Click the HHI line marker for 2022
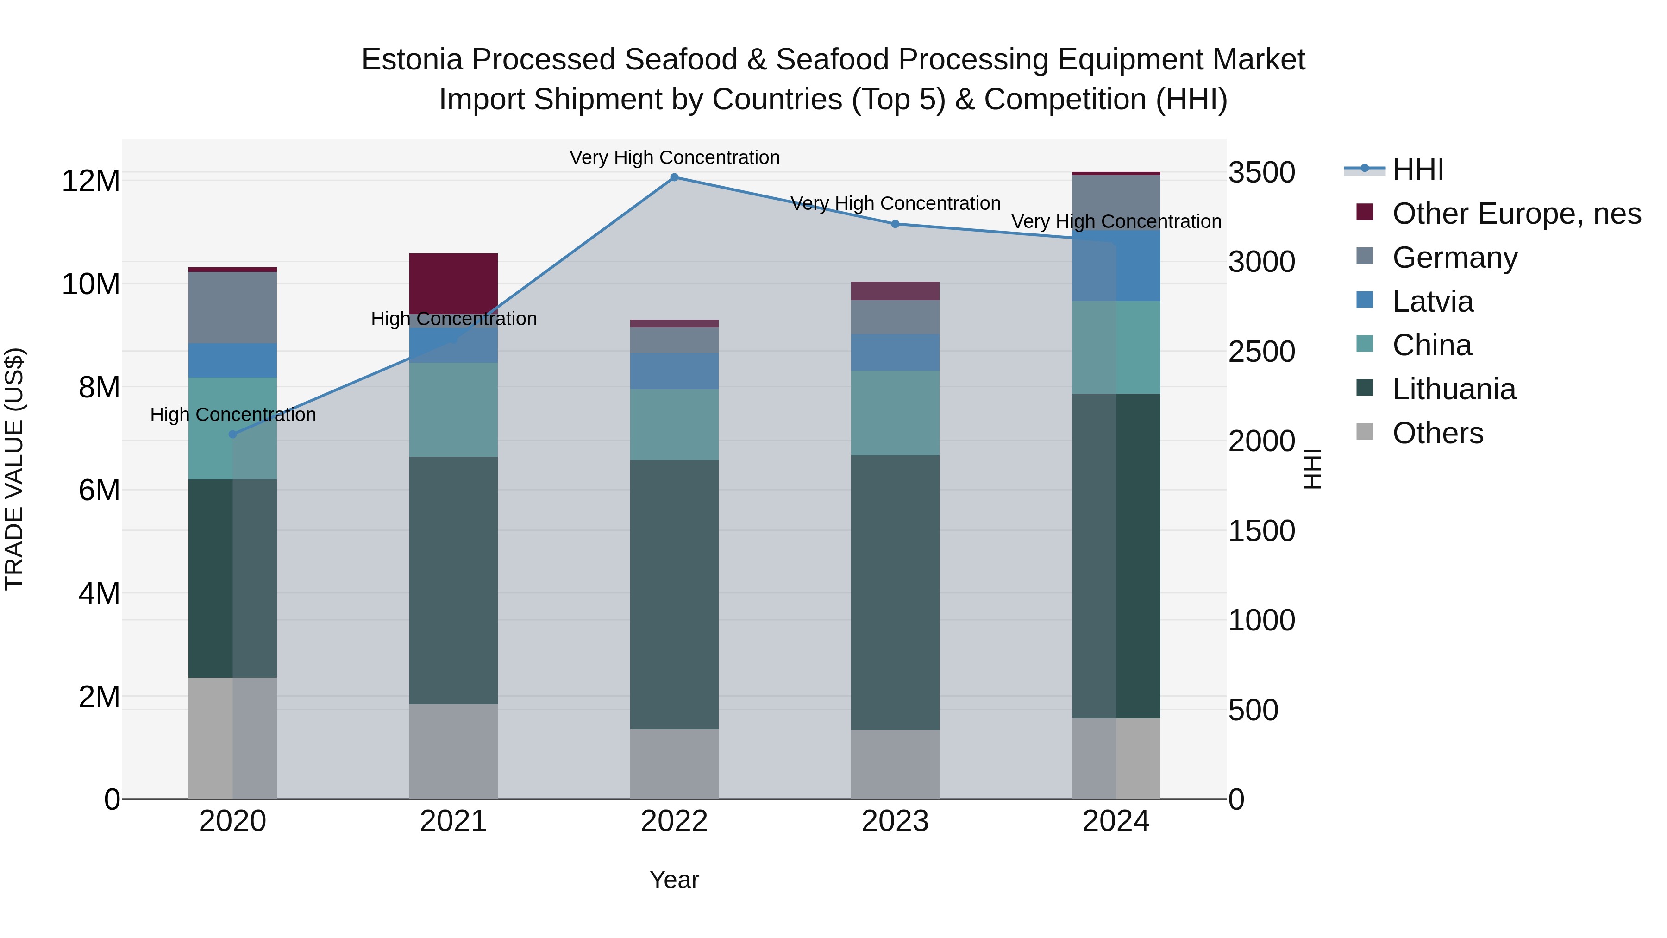click(x=674, y=177)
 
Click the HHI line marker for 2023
click(x=895, y=224)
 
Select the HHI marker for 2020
click(x=233, y=434)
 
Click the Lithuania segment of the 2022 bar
click(x=674, y=594)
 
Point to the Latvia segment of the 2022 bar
click(x=674, y=371)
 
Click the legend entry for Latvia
click(x=1433, y=302)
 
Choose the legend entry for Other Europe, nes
click(x=1516, y=214)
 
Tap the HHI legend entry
click(x=1418, y=170)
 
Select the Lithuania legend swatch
click(x=1365, y=389)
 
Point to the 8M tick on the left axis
click(x=99, y=387)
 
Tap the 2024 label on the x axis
click(x=1116, y=821)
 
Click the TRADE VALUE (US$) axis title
click(x=14, y=469)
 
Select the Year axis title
click(x=674, y=880)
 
